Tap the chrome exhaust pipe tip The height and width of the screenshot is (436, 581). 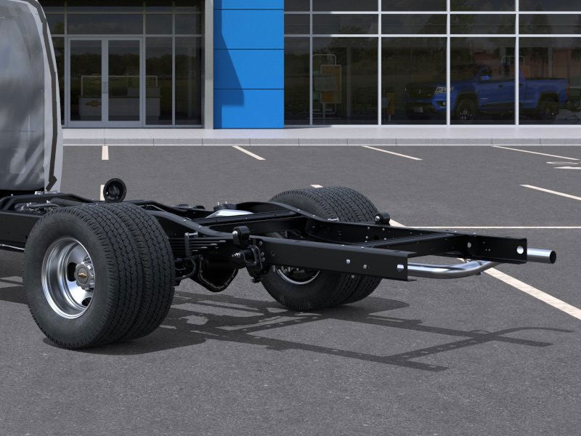[x=542, y=256]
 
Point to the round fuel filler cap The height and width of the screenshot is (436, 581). [x=114, y=190]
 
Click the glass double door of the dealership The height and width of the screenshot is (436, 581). [x=105, y=80]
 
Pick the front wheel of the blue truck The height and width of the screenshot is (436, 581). [x=465, y=110]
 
